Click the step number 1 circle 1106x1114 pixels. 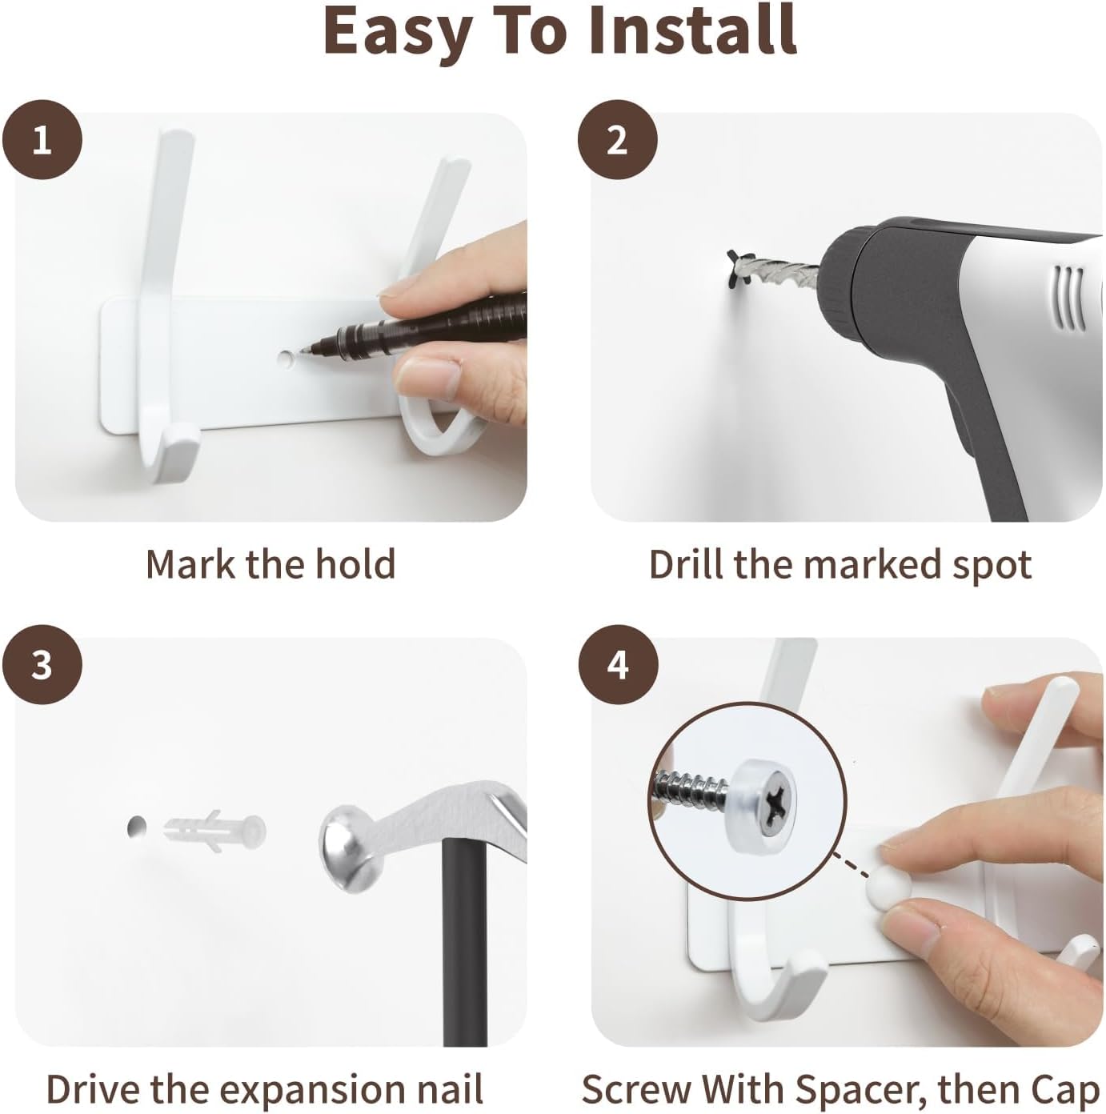coord(42,139)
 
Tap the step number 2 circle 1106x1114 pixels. coord(618,139)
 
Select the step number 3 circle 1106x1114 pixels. coord(42,665)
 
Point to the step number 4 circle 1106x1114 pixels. coord(618,665)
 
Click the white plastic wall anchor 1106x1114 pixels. coord(215,831)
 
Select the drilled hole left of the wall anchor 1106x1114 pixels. coord(136,827)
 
